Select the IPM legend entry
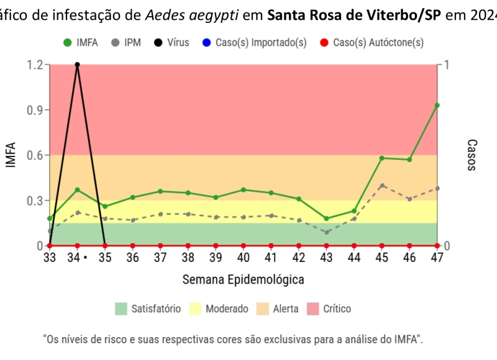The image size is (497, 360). point(124,43)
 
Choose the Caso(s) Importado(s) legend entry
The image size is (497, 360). point(255,43)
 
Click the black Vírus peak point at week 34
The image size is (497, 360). point(77,65)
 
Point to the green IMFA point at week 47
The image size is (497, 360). point(437,106)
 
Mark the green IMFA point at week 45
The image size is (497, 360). point(381,158)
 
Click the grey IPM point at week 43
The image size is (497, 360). point(326,232)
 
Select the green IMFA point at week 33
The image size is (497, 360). point(50,218)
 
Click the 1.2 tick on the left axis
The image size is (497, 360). point(34,65)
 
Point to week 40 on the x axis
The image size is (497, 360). point(243,258)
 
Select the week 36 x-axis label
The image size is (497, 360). point(132,258)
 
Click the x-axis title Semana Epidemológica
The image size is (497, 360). point(243,279)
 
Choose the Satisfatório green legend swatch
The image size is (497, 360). point(121,308)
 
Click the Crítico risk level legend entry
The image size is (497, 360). point(329,308)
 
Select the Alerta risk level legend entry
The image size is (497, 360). point(277,308)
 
